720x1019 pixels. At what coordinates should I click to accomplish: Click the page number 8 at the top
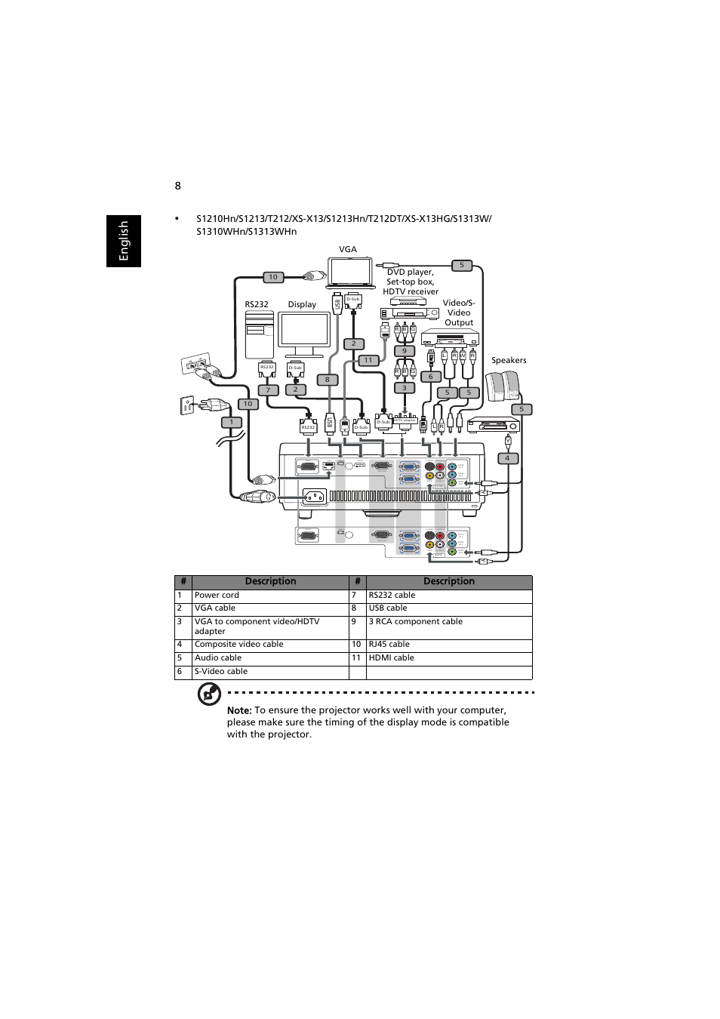[178, 186]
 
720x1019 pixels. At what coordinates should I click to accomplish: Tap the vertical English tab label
[124, 241]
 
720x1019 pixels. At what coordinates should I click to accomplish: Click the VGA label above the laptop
[347, 249]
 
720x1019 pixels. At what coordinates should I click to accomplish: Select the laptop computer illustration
[350, 272]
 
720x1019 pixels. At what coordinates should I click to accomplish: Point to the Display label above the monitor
[302, 305]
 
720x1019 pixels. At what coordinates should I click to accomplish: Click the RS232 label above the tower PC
[257, 305]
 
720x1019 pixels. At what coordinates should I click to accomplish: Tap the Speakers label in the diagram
[509, 361]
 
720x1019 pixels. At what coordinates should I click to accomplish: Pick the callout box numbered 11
[368, 361]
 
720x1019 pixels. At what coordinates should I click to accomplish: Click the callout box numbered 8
[327, 380]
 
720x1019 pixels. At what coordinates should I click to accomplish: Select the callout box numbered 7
[268, 390]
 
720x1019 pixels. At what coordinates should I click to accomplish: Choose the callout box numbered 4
[507, 458]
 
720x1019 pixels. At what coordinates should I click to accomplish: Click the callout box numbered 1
[232, 422]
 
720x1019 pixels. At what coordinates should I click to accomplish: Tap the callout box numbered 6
[431, 377]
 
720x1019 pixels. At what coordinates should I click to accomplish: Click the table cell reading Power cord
[217, 596]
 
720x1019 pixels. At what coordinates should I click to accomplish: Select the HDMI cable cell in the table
[392, 658]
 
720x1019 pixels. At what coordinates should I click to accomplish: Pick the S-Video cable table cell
[221, 672]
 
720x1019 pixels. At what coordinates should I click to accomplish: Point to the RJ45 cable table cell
[389, 645]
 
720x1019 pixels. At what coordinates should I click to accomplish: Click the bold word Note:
[239, 710]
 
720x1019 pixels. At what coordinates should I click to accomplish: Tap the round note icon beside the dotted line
[209, 694]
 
